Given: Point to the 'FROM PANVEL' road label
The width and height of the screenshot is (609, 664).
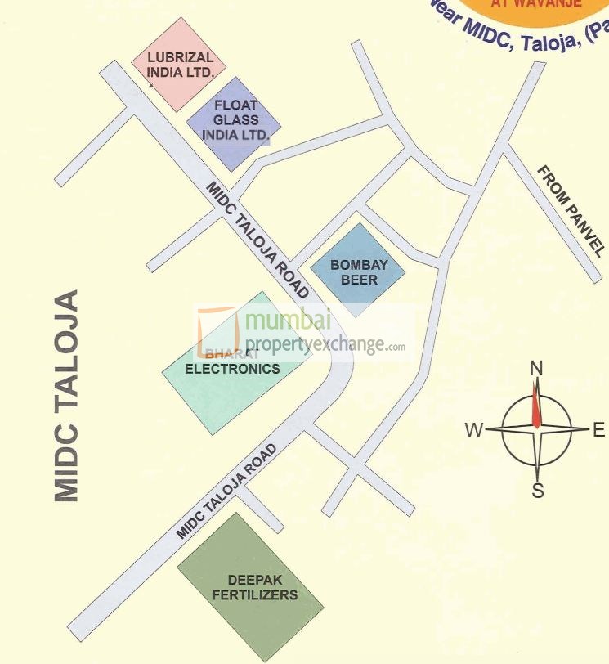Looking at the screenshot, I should click(571, 211).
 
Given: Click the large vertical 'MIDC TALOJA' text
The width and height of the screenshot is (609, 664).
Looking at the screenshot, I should click(66, 395).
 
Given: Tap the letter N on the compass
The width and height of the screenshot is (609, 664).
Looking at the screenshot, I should click(536, 368).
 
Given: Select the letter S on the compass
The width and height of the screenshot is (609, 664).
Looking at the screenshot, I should click(538, 491).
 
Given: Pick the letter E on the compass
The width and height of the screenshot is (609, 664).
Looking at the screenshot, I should click(598, 430).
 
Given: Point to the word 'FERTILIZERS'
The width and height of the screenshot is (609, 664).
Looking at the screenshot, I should click(255, 594).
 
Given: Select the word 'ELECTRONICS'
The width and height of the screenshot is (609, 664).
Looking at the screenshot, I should click(232, 368).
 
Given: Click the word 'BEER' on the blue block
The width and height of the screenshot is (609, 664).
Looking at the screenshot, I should click(359, 280).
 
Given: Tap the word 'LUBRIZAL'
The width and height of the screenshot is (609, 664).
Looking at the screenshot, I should click(181, 57).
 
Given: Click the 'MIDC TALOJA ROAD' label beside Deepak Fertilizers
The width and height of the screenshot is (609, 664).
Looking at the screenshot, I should click(228, 491).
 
